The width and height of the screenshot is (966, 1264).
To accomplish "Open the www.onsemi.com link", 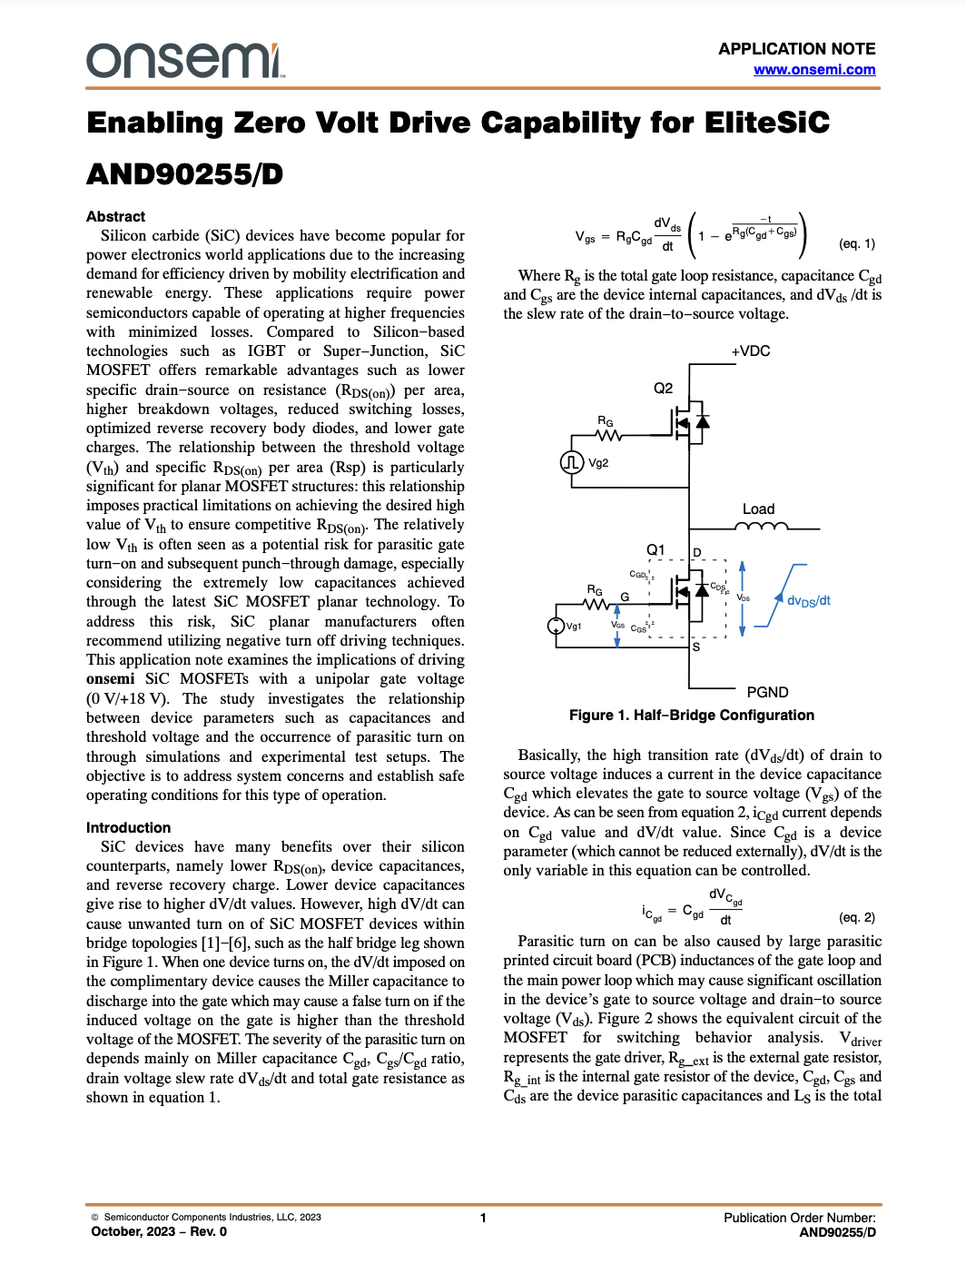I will coord(814,70).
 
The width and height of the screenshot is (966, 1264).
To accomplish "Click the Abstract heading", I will coord(115,216).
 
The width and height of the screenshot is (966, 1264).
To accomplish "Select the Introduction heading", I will coord(128,827).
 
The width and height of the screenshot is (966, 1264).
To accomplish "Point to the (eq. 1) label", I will coord(857,243).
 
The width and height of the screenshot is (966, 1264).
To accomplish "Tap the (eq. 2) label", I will coord(857,917).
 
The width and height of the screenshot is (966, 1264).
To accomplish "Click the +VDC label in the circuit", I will coord(750,351).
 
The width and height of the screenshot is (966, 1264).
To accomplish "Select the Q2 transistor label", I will coord(664,388).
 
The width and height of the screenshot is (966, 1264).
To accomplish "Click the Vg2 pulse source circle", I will coord(571,462).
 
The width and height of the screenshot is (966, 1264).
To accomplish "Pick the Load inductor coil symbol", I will coord(762,526).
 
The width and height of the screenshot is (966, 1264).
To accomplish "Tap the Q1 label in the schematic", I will coord(655,549).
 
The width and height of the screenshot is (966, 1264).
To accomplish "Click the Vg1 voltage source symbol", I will coord(556,626).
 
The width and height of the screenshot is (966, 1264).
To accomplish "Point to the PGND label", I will coord(767,692).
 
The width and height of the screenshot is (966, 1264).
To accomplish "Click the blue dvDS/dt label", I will coord(808,600).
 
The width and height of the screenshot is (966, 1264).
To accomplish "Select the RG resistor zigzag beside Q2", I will coord(608,436).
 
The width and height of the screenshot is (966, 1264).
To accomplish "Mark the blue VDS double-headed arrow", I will coord(743,598).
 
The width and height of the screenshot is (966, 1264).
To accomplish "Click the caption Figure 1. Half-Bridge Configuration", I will coord(691,715).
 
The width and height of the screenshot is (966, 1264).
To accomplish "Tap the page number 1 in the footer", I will coord(483,1218).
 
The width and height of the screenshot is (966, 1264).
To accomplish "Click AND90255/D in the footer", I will coord(837,1232).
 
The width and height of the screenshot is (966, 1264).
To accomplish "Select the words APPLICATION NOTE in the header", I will coord(796,49).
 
